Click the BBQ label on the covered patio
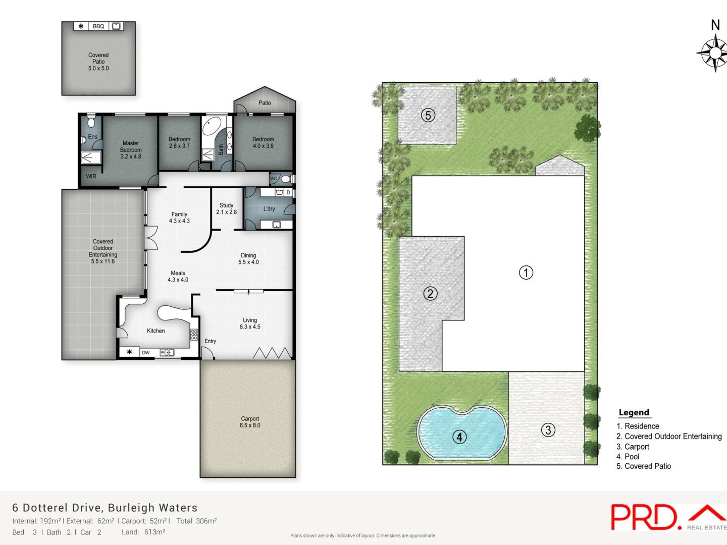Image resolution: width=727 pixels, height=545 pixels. point(98,26)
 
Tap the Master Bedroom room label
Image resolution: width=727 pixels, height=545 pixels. point(131,150)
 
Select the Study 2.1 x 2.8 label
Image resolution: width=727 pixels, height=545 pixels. point(226,208)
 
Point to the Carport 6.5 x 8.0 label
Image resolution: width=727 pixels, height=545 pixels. point(250,422)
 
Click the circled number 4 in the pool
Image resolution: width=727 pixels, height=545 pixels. point(459,437)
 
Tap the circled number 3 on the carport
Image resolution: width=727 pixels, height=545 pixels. point(548,430)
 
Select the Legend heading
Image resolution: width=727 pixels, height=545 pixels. point(634,412)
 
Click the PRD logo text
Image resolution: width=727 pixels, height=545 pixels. point(644,517)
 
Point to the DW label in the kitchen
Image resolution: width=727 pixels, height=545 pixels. point(145,353)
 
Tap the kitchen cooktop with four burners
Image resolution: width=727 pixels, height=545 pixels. point(194,334)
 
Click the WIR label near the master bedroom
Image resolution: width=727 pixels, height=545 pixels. point(91,177)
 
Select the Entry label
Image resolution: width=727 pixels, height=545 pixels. point(210,341)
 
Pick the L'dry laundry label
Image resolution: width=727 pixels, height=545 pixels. point(269,208)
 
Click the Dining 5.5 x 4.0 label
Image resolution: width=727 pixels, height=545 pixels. point(248,258)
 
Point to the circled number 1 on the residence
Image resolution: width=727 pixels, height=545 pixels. point(526,272)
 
